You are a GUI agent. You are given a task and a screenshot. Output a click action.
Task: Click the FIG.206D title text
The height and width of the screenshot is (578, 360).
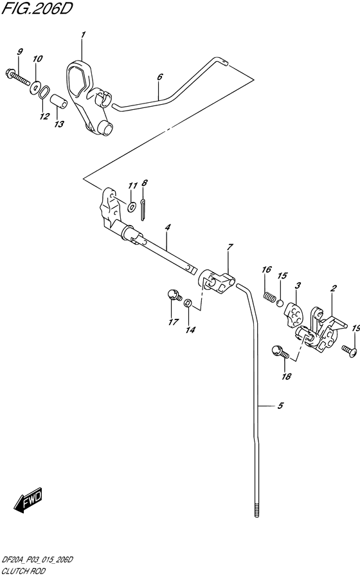37,9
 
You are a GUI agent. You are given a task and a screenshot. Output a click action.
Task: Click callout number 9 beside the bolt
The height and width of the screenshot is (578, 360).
20,51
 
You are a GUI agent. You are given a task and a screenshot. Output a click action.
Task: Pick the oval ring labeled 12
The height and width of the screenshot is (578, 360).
44,92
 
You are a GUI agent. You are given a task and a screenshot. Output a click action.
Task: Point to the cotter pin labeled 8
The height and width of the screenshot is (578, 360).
143,210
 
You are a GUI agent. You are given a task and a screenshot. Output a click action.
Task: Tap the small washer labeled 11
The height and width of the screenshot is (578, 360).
131,207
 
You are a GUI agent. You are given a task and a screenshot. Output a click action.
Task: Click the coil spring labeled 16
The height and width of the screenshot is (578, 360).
270,296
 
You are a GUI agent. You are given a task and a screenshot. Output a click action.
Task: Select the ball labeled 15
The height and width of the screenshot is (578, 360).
280,303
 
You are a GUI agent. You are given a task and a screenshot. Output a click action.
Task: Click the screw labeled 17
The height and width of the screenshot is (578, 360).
174,295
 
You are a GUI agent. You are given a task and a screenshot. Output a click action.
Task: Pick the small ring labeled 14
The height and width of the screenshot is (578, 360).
188,303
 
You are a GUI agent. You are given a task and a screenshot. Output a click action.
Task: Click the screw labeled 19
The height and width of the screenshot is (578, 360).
348,350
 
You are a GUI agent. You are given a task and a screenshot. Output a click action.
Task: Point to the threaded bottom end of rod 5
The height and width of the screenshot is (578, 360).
256,509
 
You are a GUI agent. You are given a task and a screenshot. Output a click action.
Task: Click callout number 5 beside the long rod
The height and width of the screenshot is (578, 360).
280,406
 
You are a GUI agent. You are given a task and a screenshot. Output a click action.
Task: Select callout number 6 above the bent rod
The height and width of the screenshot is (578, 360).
159,77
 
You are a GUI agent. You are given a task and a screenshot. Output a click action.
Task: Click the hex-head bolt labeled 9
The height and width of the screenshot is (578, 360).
18,77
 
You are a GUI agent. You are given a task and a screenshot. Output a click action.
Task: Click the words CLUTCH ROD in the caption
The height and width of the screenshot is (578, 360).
23,571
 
